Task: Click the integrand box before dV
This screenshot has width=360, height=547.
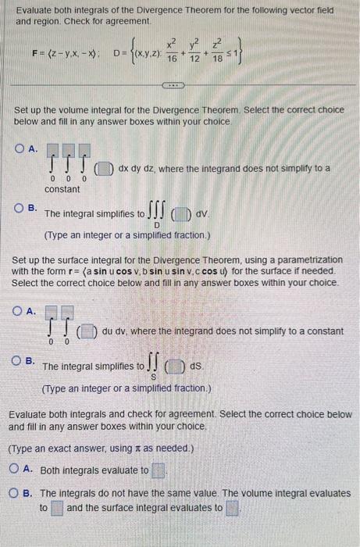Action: [182, 213]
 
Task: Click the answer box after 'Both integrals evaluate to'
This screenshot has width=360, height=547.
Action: [159, 470]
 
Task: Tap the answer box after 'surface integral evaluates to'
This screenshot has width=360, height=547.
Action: [232, 508]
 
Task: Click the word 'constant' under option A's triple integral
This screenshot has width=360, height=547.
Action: [62, 189]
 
